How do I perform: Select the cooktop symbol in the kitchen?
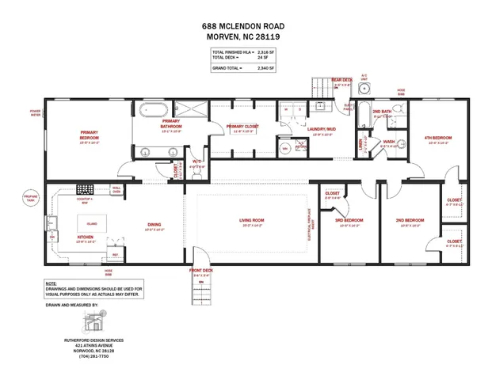pos(85,188)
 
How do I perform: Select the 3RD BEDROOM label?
pos(347,221)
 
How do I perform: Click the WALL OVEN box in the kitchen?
pos(116,188)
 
